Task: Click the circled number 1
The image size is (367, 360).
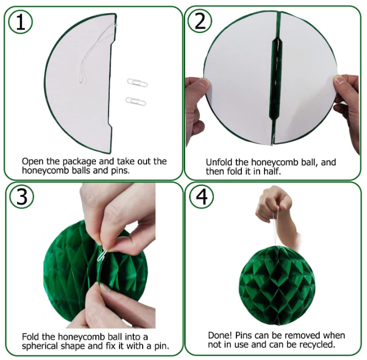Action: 20,22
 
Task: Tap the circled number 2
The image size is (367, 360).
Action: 200,20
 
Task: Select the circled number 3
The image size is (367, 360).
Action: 22,196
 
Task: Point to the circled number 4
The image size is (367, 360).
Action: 201,196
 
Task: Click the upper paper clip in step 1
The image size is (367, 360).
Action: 137,83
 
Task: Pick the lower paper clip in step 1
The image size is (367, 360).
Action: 136,101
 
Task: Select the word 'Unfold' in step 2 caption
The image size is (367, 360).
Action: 219,162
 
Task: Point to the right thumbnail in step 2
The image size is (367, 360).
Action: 338,80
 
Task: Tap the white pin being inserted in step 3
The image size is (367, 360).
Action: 102,255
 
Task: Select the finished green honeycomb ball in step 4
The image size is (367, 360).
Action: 276,286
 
